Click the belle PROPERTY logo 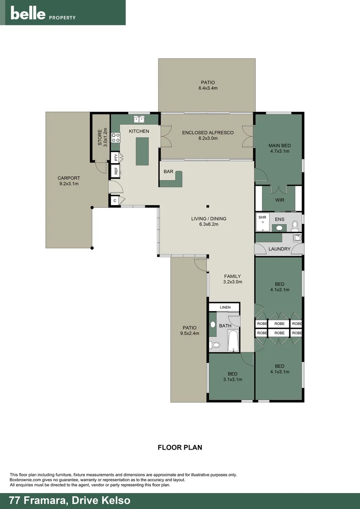[43, 14]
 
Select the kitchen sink [139, 119]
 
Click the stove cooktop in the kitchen [115, 137]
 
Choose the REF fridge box [115, 171]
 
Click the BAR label [168, 172]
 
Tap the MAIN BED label [279, 145]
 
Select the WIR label [279, 200]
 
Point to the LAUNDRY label [279, 249]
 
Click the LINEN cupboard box [225, 307]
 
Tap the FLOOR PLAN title [180, 447]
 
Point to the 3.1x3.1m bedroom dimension [232, 379]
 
